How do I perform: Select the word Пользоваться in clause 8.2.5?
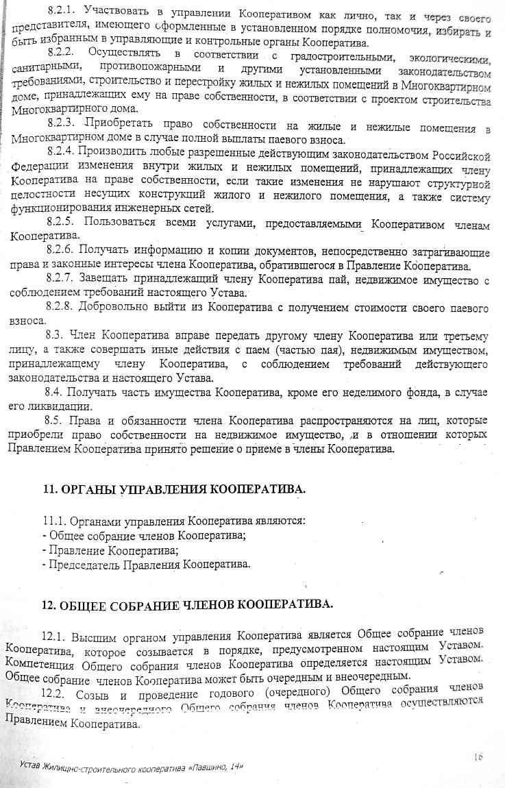coord(123,223)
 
